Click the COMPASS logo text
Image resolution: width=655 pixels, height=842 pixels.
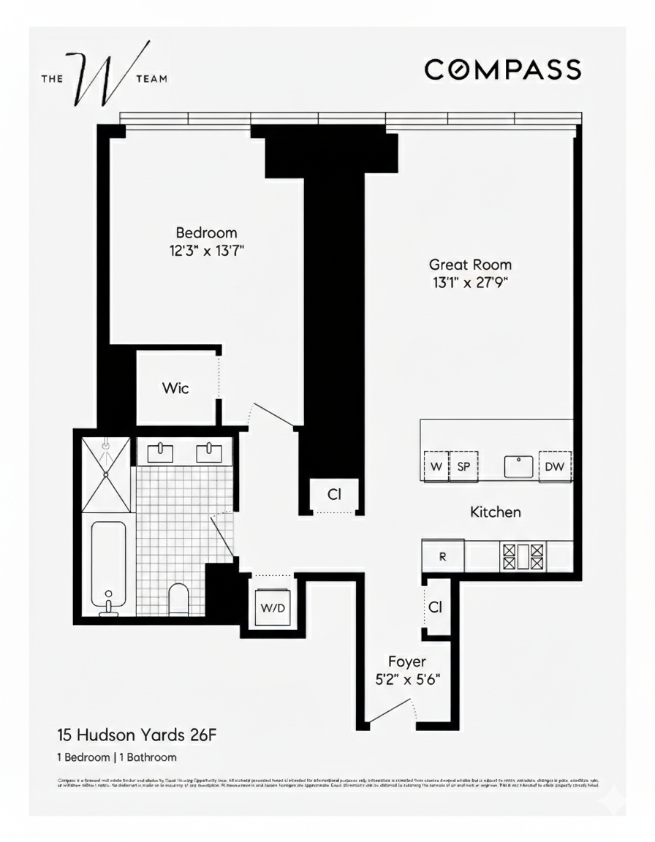(x=503, y=69)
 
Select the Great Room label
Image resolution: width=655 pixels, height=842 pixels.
(x=470, y=265)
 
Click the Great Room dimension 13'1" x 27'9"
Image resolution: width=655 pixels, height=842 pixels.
(x=470, y=282)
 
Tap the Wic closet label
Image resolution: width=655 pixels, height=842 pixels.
(x=175, y=388)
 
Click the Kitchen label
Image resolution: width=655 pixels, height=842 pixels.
(x=495, y=512)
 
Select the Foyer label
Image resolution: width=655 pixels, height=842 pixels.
(x=406, y=662)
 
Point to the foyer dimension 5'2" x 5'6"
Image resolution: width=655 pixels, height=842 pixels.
(x=406, y=679)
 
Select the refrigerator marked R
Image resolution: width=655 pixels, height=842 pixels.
(x=442, y=556)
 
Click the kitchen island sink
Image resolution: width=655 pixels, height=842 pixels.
(x=519, y=466)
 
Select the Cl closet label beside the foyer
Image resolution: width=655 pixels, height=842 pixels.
(x=436, y=607)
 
